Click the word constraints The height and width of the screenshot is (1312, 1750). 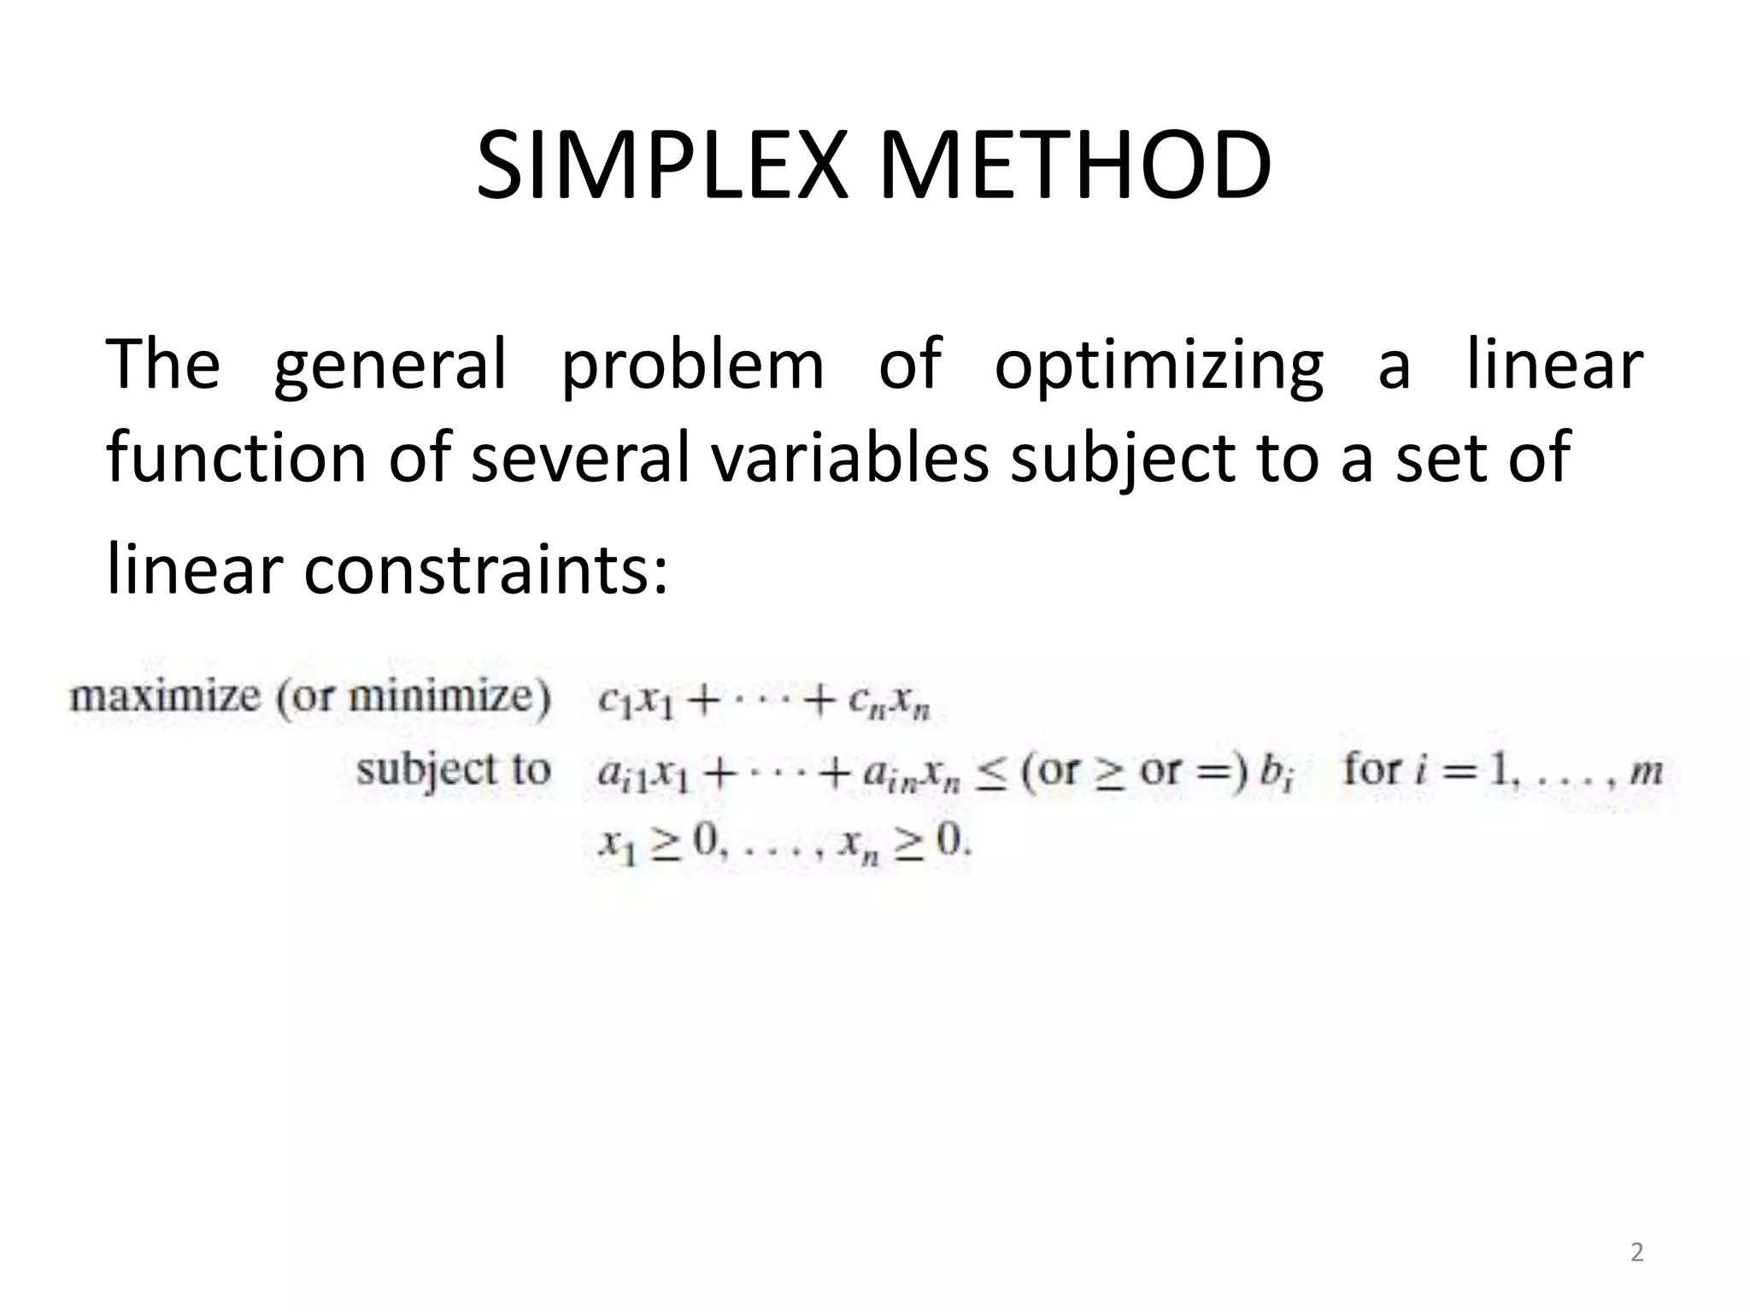click(483, 571)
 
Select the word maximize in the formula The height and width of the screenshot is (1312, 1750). click(164, 697)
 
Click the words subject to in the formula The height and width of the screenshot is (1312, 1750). click(453, 771)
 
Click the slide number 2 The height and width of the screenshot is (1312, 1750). click(1636, 1252)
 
